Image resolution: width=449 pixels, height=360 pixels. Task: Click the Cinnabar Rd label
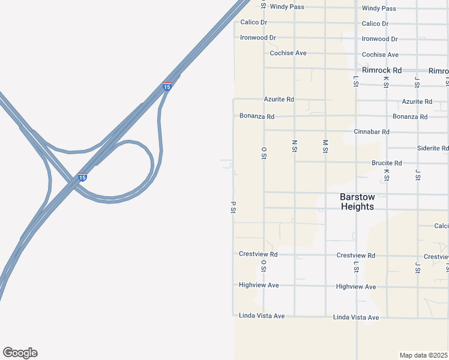(x=372, y=132)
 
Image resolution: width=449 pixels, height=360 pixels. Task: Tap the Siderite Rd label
(x=433, y=148)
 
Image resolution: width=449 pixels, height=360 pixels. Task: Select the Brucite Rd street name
(x=386, y=163)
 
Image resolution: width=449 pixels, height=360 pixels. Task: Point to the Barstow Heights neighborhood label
(x=357, y=202)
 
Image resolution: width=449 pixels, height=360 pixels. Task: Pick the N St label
(x=295, y=146)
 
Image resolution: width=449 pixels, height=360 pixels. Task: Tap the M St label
(x=325, y=146)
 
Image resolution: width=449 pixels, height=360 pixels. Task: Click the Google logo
(x=20, y=353)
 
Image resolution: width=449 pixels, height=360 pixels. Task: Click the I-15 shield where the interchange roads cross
(x=82, y=177)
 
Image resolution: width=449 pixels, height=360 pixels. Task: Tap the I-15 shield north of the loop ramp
(x=167, y=86)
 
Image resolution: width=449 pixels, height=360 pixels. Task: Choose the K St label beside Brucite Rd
(x=387, y=175)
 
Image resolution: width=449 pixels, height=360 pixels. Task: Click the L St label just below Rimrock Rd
(x=356, y=81)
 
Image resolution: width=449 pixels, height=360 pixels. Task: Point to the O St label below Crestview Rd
(x=264, y=266)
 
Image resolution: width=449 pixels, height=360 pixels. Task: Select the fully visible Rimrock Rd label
(x=381, y=70)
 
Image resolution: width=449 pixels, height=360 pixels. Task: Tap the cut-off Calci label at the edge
(x=441, y=226)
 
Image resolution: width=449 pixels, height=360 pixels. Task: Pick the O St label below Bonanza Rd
(x=264, y=152)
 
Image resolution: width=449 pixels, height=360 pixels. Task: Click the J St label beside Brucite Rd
(x=417, y=175)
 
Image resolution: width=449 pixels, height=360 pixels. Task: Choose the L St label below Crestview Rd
(x=356, y=266)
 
